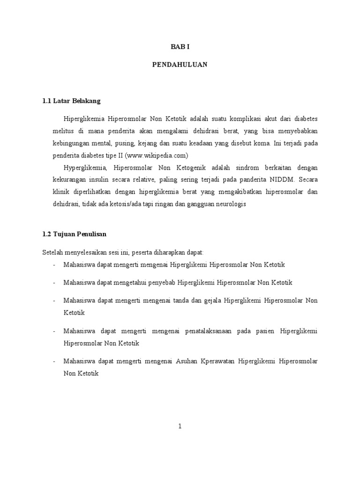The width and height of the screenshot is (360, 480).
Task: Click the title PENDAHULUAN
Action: [180, 65]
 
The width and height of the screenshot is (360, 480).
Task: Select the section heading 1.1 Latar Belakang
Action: [71, 101]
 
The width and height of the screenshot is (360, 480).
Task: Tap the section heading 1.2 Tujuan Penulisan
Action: [77, 233]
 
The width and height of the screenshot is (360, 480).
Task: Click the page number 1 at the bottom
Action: [180, 426]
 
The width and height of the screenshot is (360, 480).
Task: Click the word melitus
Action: [62, 130]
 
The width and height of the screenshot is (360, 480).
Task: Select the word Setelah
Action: [53, 252]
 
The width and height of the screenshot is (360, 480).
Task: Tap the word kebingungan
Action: [70, 142]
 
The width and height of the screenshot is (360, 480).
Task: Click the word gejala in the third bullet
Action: [213, 300]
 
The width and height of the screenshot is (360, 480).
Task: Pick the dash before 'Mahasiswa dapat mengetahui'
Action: [55, 282]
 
